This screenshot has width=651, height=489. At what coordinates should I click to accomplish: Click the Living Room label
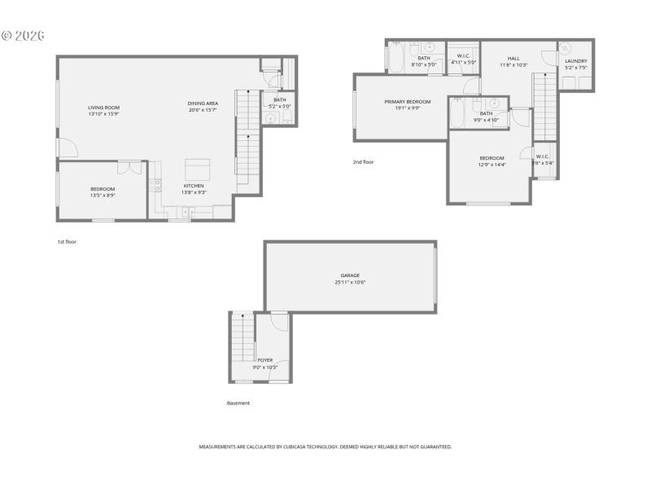(103, 108)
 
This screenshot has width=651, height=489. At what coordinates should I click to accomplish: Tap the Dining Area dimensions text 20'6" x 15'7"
(203, 110)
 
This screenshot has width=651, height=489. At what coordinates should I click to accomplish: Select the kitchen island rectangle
(199, 169)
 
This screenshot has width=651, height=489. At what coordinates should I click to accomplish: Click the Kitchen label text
(194, 186)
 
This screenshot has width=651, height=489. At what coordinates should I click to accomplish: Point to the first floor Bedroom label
(103, 189)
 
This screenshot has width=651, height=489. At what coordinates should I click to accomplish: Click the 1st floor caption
(67, 241)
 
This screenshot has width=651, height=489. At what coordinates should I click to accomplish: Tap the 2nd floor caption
(363, 161)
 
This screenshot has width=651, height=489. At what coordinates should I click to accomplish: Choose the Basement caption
(238, 403)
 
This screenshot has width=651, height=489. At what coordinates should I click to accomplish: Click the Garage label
(350, 275)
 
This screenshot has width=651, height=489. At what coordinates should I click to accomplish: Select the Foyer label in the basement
(265, 360)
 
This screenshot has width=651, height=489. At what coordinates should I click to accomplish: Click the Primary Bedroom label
(408, 102)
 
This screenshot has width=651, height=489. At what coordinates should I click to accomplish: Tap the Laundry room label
(576, 61)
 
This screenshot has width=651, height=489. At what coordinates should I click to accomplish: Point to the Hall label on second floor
(513, 59)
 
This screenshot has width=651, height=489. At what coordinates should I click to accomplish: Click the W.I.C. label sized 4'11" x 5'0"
(464, 57)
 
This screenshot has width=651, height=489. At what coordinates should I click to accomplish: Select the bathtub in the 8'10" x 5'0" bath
(397, 59)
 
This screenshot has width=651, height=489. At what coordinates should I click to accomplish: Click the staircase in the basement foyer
(242, 339)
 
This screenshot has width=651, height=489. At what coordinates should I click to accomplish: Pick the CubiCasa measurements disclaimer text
(325, 447)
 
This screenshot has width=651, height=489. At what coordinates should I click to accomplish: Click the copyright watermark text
(22, 36)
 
